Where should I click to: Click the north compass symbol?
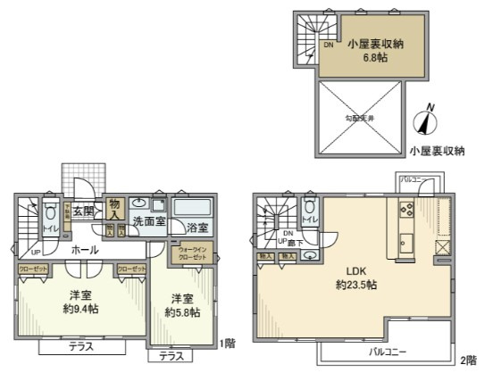point(426,122)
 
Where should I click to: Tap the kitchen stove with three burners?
point(403,212)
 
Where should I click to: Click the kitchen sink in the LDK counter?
point(405,242)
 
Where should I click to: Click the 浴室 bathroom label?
point(197,228)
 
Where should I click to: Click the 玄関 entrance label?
point(84,212)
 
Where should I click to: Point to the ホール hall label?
point(85,251)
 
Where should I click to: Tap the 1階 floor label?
point(227,343)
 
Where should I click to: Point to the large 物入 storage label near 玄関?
point(114,209)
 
